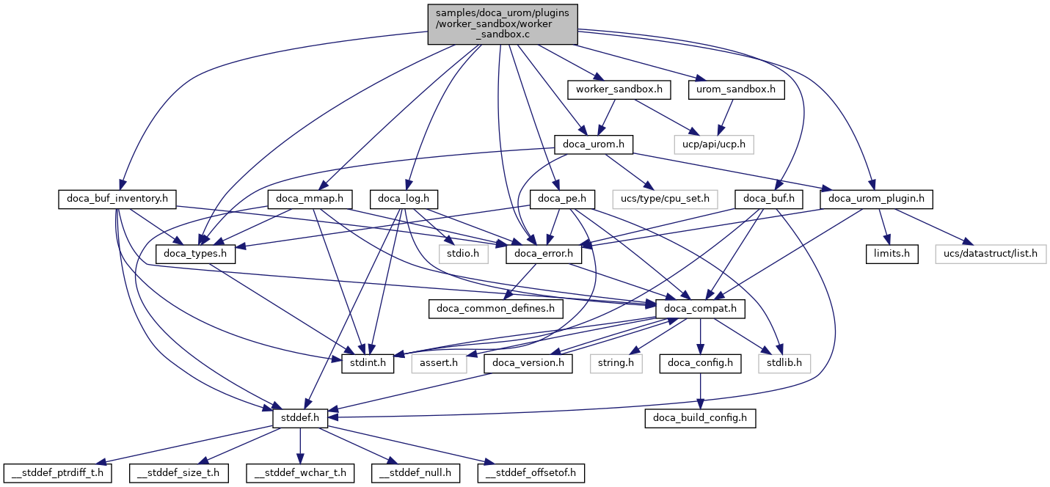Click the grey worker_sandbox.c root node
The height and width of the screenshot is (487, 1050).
[502, 23]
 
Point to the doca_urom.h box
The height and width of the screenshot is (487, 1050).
[594, 144]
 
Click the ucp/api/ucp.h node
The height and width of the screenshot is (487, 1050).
[715, 144]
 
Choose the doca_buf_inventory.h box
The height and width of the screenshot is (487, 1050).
[114, 198]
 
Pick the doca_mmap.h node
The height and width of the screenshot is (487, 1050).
[311, 198]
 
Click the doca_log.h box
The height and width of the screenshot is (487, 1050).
[408, 198]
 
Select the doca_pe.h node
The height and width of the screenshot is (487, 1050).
[557, 198]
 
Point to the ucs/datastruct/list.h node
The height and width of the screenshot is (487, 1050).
[991, 254]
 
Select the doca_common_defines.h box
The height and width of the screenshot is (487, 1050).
[496, 308]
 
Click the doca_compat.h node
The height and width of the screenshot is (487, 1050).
[701, 308]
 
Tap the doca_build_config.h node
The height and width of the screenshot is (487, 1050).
[700, 418]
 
